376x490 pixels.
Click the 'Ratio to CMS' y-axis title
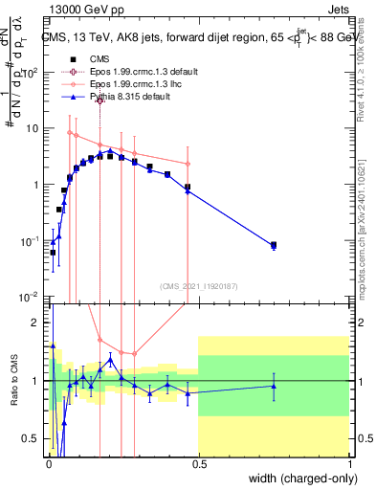click(x=14, y=379)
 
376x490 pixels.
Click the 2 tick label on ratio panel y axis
click(x=35, y=323)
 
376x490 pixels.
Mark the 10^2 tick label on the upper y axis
click(x=32, y=73)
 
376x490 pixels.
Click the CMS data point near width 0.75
click(x=274, y=245)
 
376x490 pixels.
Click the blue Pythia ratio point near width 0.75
click(x=274, y=387)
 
